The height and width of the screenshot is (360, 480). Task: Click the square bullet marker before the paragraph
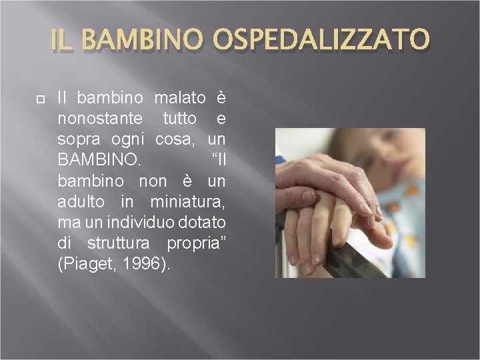point(40,98)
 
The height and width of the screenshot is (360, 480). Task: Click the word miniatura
point(188,201)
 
